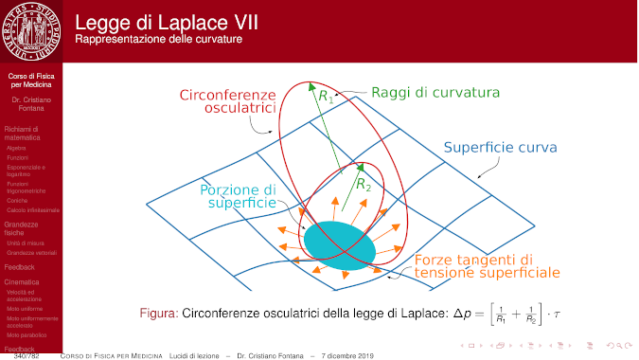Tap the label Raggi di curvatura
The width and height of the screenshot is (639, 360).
[x=435, y=93]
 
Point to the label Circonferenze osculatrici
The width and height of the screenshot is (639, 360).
[x=227, y=102]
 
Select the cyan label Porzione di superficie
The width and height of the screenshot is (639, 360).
[x=238, y=196]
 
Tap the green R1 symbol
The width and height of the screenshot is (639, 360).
[x=325, y=95]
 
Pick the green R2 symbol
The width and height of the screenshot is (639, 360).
[x=362, y=186]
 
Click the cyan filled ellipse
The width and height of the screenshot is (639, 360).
[x=339, y=244]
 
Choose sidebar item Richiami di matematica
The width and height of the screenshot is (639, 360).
[x=23, y=133]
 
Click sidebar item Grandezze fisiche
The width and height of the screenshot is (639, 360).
[x=21, y=228]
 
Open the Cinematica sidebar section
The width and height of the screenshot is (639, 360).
[x=22, y=282]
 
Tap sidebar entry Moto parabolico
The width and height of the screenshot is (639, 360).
[x=26, y=334]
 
